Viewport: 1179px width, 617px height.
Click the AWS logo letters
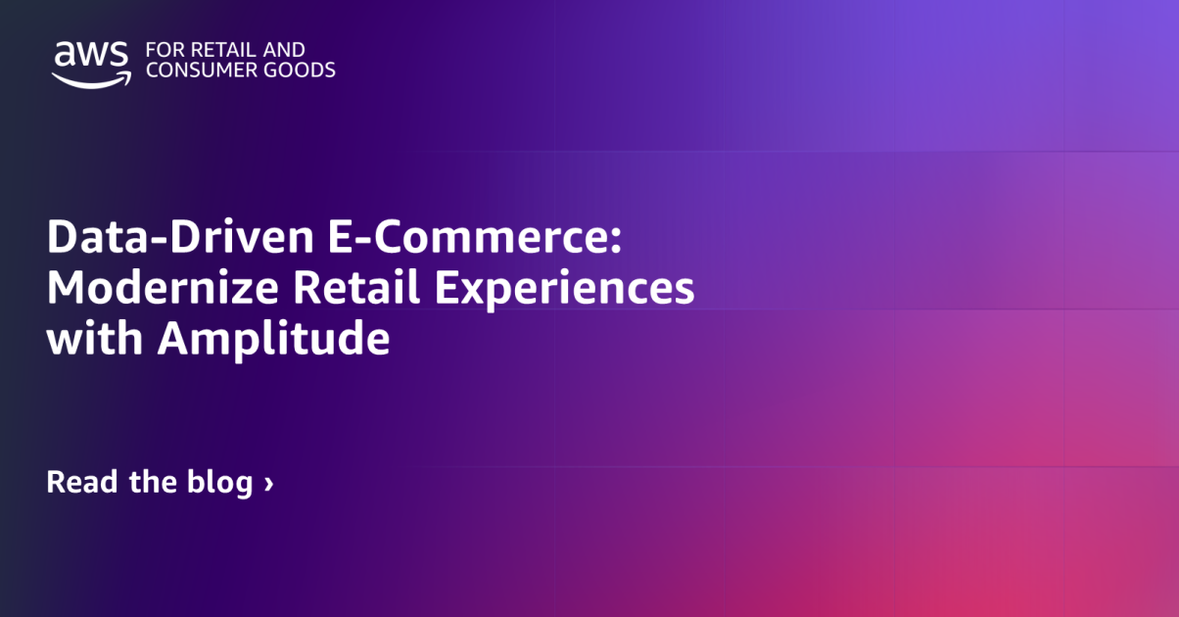[x=91, y=55]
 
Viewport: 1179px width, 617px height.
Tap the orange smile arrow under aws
[x=91, y=78]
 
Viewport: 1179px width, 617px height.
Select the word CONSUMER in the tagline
[x=195, y=70]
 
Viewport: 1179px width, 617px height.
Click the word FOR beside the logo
[x=160, y=49]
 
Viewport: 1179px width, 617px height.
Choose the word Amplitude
[x=274, y=341]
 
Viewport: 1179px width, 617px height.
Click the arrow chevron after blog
[x=268, y=484]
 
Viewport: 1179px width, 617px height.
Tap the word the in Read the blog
[x=153, y=482]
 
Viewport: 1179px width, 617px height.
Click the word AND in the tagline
[x=285, y=49]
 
